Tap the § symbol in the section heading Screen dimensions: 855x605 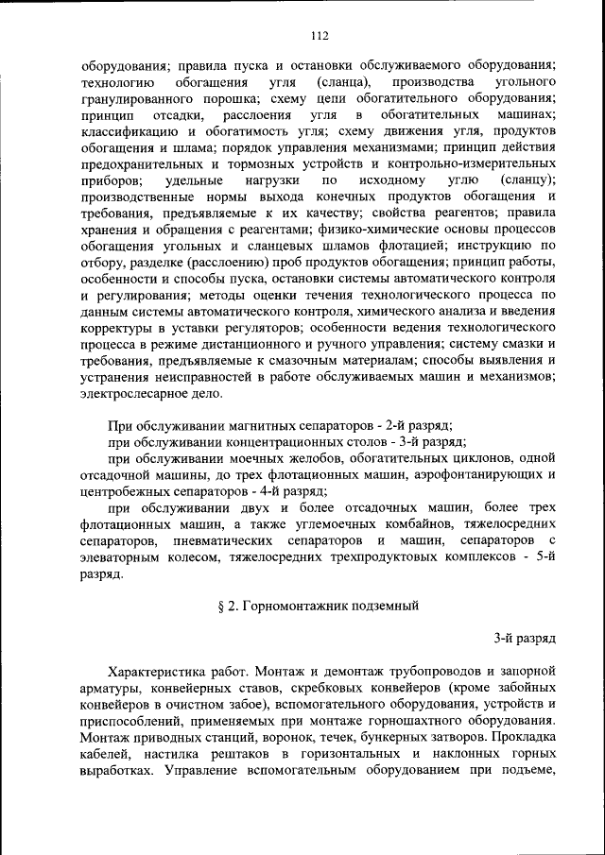(x=222, y=606)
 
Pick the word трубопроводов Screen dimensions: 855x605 (x=397, y=672)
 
